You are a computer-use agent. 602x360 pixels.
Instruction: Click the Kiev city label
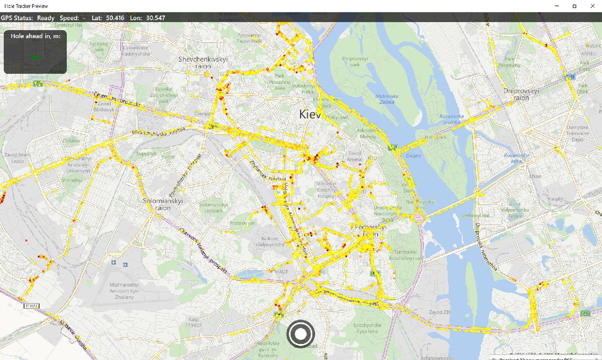pyautogui.click(x=310, y=114)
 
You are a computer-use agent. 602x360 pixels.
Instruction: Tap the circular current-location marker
pyautogui.click(x=300, y=334)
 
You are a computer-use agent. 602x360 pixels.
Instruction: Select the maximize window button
pyautogui.click(x=574, y=6)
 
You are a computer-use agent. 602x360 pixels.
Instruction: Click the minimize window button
pyautogui.click(x=557, y=6)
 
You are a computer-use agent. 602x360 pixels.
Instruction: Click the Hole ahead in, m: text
pyautogui.click(x=35, y=36)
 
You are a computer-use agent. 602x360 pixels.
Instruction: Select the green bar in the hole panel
pyautogui.click(x=35, y=58)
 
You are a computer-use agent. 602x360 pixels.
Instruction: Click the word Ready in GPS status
pyautogui.click(x=46, y=18)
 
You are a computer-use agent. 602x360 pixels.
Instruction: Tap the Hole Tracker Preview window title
pyautogui.click(x=26, y=6)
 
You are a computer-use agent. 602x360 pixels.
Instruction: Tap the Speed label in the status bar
pyautogui.click(x=69, y=18)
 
